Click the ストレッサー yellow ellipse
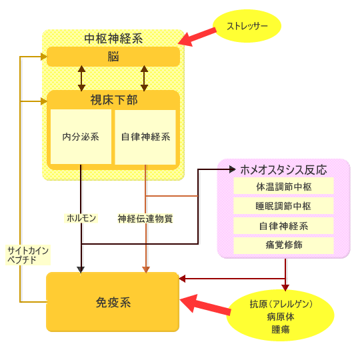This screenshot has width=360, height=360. pyautogui.click(x=247, y=26)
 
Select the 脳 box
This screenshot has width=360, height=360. pyautogui.click(x=113, y=57)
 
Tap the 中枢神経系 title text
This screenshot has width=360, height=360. pyautogui.click(x=113, y=39)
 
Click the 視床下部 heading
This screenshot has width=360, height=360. pyautogui.click(x=114, y=100)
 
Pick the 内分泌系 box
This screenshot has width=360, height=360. pyautogui.click(x=81, y=137)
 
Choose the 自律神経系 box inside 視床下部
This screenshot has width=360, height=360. pyautogui.click(x=145, y=137)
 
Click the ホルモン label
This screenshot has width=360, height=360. pyautogui.click(x=81, y=218)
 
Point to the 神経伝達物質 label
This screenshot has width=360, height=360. pyautogui.click(x=145, y=219)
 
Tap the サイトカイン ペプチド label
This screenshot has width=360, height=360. pyautogui.click(x=28, y=255)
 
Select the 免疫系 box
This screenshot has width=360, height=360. pyautogui.click(x=113, y=302)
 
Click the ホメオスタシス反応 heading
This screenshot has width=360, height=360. pyautogui.click(x=283, y=170)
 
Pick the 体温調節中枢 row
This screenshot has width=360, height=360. pyautogui.click(x=283, y=187)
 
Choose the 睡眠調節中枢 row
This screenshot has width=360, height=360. pyautogui.click(x=283, y=206)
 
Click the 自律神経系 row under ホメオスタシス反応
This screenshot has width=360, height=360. pyautogui.click(x=283, y=226)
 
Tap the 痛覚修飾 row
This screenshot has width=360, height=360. pyautogui.click(x=283, y=245)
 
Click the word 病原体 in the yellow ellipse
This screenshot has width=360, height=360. pyautogui.click(x=281, y=317)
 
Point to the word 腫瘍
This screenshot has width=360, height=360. pyautogui.click(x=281, y=329)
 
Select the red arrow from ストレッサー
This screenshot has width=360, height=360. pyautogui.click(x=197, y=37)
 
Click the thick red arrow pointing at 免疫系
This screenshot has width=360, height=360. pyautogui.click(x=205, y=305)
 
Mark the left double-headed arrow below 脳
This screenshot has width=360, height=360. pyautogui.click(x=81, y=78)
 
